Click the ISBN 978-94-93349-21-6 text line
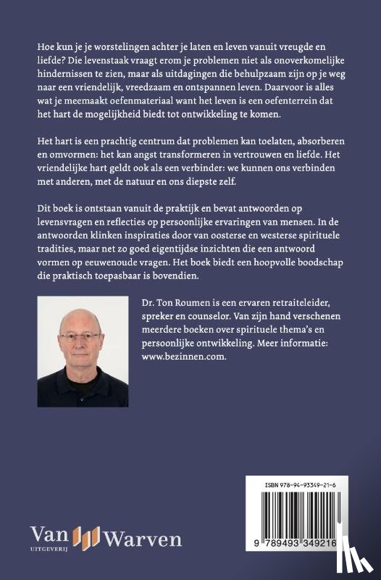coord(313,487)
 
